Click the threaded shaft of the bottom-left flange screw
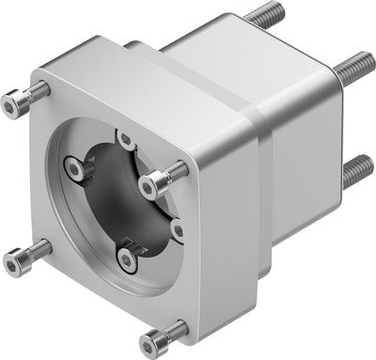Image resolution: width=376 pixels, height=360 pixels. click(x=36, y=249)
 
